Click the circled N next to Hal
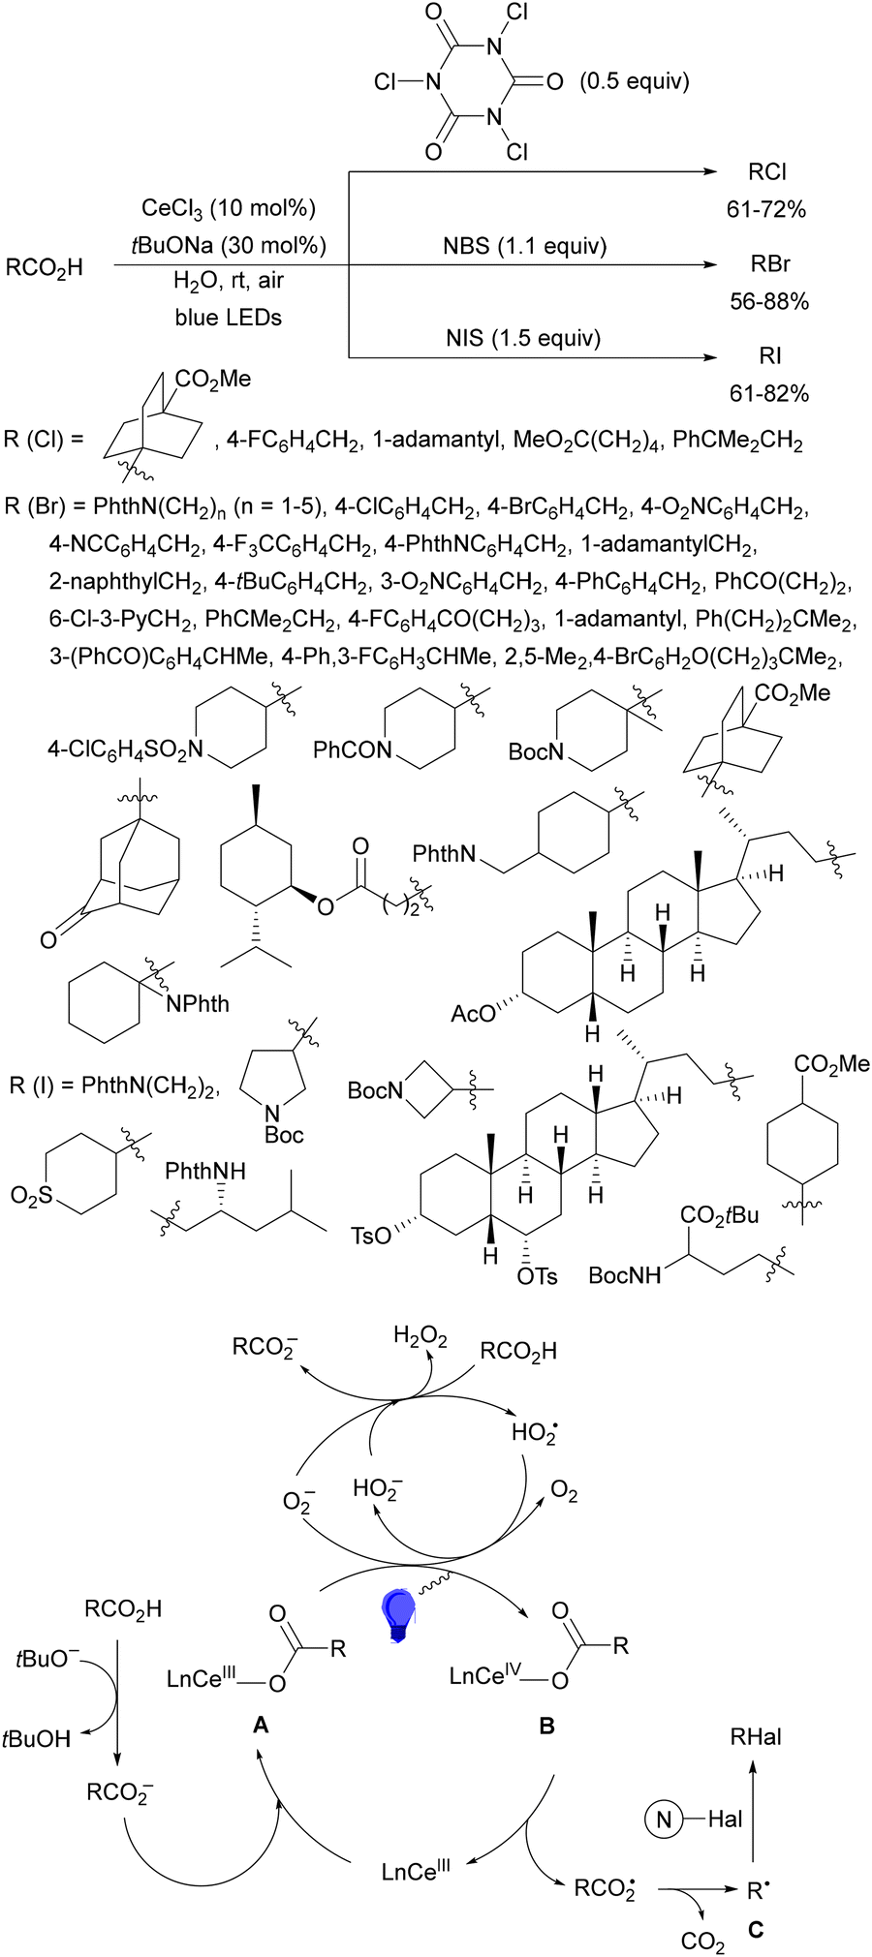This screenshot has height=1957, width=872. (x=664, y=1819)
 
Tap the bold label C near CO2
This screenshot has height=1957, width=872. (x=756, y=1930)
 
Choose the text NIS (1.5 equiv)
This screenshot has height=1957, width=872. (x=523, y=338)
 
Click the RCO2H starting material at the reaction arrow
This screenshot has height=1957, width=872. (x=45, y=268)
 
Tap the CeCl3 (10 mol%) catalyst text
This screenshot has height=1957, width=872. (x=229, y=208)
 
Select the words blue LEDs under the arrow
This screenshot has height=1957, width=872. (x=229, y=318)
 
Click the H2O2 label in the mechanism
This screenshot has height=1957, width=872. (x=420, y=1339)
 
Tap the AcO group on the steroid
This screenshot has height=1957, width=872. (x=472, y=1014)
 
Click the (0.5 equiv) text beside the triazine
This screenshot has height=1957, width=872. (x=635, y=81)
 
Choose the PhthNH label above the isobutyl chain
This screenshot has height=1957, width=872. (x=205, y=1171)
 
